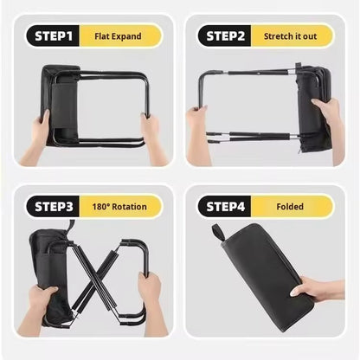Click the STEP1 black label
53,36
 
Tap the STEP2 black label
225,36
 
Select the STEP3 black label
53,207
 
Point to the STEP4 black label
225,207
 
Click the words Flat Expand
118,36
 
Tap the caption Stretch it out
290,36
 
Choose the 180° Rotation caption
119,207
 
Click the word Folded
290,207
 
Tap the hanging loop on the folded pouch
218,233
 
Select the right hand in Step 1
153,136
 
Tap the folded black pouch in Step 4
267,277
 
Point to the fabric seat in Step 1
60,106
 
